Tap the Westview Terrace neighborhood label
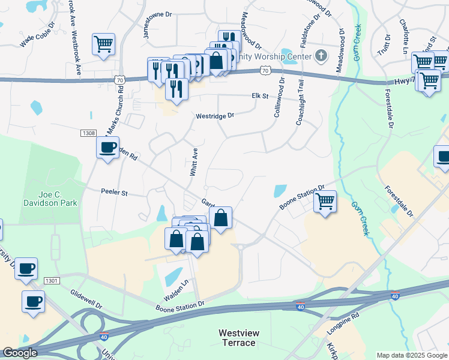pyautogui.click(x=237, y=338)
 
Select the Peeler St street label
pyautogui.click(x=115, y=193)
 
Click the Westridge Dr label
pyautogui.click(x=214, y=116)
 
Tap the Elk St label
pyautogui.click(x=259, y=95)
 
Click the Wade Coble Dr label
pyautogui.click(x=37, y=35)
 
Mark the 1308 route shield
pyautogui.click(x=86, y=134)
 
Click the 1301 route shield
pyautogui.click(x=52, y=280)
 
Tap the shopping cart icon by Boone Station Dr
pyautogui.click(x=325, y=201)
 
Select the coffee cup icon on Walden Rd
pyautogui.click(x=107, y=147)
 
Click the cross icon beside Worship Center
pyautogui.click(x=321, y=56)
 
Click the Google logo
pyautogui.click(x=20, y=353)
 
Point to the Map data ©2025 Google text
pyautogui.click(x=412, y=355)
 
